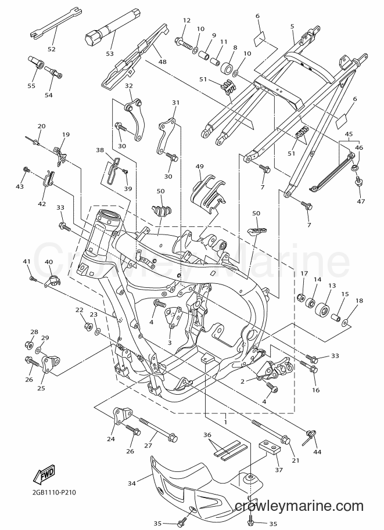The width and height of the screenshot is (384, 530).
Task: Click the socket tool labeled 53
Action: click(107, 27)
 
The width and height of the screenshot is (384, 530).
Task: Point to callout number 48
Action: click(163, 62)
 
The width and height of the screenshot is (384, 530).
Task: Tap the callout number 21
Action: click(295, 460)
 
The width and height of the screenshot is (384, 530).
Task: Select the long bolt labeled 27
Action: click(158, 428)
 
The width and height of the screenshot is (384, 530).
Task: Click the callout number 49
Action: click(200, 166)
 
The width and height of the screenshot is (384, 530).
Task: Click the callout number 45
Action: click(349, 134)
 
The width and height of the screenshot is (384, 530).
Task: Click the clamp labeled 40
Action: click(52, 281)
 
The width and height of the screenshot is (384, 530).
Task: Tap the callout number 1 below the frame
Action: click(225, 422)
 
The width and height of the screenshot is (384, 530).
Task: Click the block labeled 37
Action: click(270, 448)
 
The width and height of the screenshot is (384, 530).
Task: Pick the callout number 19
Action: click(66, 135)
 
